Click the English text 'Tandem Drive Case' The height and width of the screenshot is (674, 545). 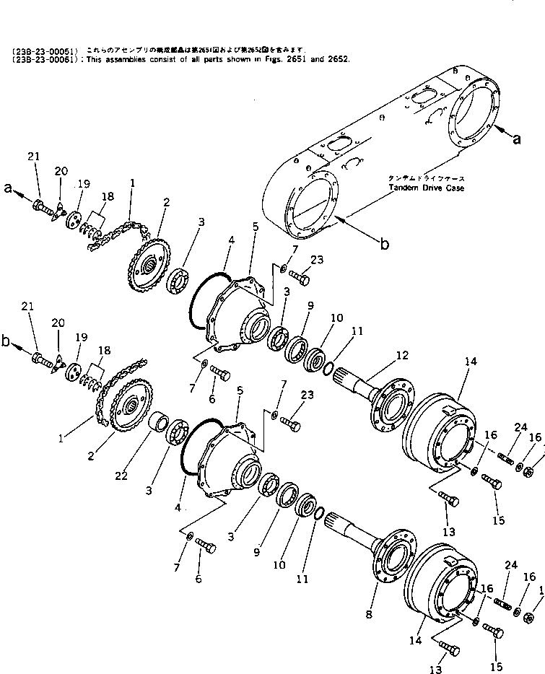tap(427, 188)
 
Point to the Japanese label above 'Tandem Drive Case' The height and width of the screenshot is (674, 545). tap(427, 178)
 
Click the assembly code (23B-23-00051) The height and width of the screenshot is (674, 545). tap(43, 50)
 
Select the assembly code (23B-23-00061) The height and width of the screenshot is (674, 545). tap(43, 58)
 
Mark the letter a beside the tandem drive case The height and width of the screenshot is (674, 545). tap(516, 139)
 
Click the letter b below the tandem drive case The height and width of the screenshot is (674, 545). tap(385, 245)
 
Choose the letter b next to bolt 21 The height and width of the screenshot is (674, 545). tap(8, 343)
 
